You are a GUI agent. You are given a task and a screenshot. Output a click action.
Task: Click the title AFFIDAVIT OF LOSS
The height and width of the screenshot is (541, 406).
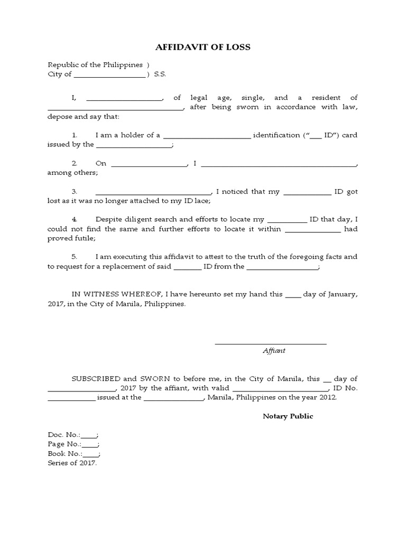[x=203, y=47]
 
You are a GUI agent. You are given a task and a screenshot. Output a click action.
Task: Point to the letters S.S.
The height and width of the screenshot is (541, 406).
[x=160, y=74]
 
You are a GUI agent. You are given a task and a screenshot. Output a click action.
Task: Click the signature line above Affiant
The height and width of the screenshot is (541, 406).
[x=270, y=344]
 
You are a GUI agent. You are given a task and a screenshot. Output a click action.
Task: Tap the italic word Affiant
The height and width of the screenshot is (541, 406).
[x=274, y=351]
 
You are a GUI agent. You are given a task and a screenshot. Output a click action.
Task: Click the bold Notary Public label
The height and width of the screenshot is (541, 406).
[x=288, y=416]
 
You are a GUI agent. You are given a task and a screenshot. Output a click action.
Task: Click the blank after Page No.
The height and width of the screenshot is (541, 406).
[x=90, y=445]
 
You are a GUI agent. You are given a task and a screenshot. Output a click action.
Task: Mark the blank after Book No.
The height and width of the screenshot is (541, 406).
[x=91, y=454]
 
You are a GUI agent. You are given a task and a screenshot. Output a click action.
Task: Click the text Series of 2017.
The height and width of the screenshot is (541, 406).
[x=72, y=463]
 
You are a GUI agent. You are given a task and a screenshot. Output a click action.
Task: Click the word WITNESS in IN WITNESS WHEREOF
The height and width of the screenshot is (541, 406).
[x=102, y=294]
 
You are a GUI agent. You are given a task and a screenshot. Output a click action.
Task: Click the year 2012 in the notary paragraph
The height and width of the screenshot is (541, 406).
[x=327, y=398]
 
